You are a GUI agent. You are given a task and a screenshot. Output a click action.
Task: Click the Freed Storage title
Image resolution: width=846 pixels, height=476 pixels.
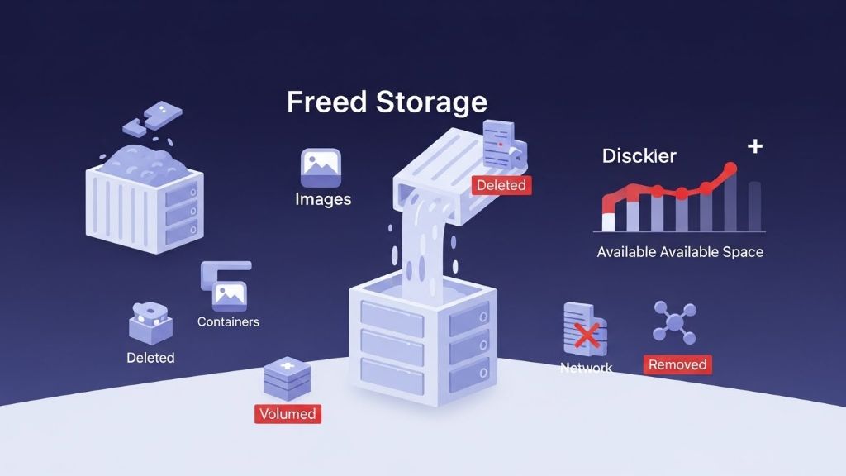[387, 102]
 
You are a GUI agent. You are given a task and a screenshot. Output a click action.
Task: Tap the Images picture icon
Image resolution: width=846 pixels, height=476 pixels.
[321, 169]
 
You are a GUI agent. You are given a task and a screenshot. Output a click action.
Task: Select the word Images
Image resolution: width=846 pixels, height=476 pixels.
[323, 199]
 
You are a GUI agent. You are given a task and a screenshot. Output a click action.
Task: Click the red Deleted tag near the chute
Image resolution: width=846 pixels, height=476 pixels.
[501, 185]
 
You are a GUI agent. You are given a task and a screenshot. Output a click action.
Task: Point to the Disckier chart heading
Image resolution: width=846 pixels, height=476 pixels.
[639, 155]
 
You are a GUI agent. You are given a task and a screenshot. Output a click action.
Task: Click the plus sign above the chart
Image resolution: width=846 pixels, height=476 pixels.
[754, 146]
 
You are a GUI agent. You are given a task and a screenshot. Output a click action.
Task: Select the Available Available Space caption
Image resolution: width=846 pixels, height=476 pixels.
[680, 252]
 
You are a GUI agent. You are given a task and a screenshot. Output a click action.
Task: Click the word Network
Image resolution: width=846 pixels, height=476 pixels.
[586, 368]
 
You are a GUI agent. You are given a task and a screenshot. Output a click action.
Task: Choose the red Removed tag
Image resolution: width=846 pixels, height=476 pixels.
[677, 364]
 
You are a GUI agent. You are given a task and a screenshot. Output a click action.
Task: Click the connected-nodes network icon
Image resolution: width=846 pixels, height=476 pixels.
[675, 322]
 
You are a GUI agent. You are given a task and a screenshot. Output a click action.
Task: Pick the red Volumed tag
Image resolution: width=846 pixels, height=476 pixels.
[288, 413]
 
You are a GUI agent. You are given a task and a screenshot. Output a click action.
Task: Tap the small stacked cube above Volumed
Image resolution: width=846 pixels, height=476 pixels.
[288, 378]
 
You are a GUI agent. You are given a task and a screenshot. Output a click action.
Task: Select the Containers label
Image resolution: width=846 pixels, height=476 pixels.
[228, 321]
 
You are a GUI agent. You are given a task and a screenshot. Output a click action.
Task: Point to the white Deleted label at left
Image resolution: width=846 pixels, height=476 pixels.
[150, 358]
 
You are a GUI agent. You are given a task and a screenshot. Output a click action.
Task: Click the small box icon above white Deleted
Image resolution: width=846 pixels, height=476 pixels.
[150, 322]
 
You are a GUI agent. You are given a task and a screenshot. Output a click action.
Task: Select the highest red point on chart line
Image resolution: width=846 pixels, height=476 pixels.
[730, 169]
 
